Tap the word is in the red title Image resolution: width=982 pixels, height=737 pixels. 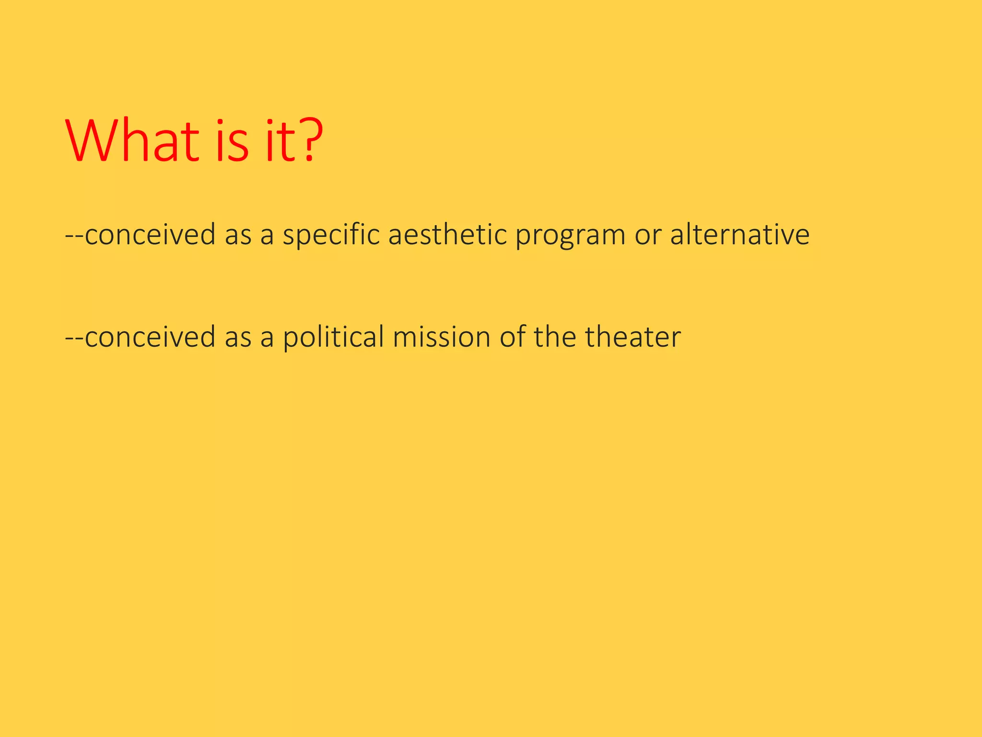tap(232, 141)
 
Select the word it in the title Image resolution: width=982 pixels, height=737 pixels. tap(278, 141)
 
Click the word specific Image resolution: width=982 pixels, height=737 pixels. tap(330, 235)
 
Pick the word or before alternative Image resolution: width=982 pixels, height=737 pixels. tap(648, 235)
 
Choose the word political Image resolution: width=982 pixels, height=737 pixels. tap(333, 337)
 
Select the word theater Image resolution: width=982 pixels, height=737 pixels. tap(632, 336)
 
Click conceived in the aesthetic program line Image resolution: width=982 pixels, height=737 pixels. tap(150, 235)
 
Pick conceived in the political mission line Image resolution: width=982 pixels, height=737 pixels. tap(150, 337)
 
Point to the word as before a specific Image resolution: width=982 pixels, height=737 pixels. tap(238, 235)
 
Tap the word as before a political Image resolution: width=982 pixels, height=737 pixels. tap(238, 337)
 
